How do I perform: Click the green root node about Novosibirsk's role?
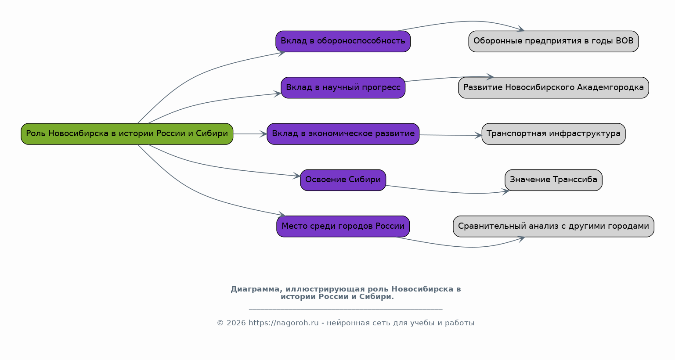[x=127, y=134]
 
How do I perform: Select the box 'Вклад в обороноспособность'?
[x=343, y=41]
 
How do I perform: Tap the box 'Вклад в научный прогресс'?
[x=343, y=88]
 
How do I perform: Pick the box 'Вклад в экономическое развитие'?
[x=343, y=134]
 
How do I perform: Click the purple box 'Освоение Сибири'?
[x=343, y=180]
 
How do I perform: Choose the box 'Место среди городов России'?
[x=343, y=226]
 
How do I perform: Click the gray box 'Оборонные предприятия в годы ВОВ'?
[x=553, y=41]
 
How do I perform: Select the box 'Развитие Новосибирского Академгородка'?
[x=553, y=88]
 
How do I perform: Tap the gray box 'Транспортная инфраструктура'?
[x=553, y=134]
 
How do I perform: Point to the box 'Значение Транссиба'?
[x=553, y=180]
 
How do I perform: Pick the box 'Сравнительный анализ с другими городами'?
[x=553, y=226]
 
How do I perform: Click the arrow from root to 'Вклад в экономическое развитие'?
[x=250, y=134]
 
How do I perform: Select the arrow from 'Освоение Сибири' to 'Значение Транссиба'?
[x=448, y=191]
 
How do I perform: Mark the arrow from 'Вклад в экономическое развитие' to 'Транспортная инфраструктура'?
[x=451, y=135]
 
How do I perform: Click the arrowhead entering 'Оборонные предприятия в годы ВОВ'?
[x=520, y=29]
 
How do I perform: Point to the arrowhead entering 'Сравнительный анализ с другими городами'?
[x=521, y=239]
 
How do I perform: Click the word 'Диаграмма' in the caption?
[x=255, y=289]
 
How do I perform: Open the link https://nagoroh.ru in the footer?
[x=284, y=323]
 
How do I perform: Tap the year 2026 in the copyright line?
[x=236, y=323]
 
